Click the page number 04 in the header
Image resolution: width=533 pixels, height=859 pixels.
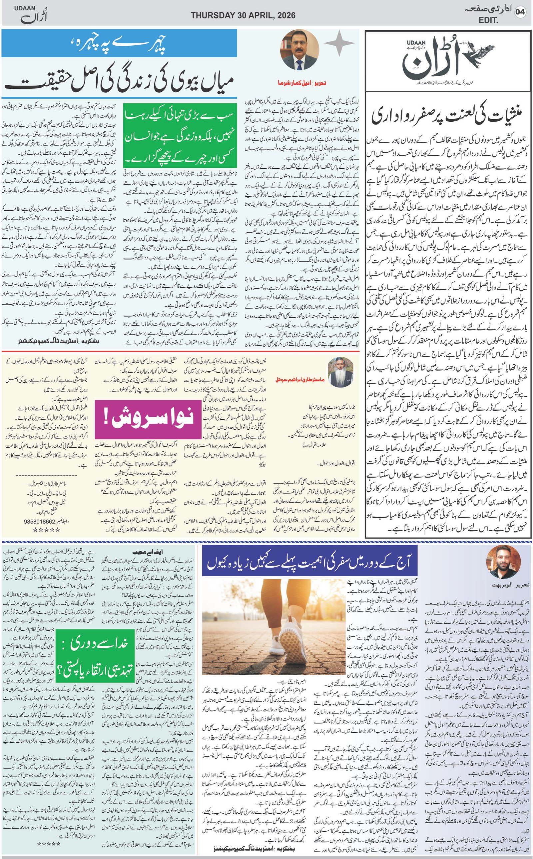(x=520, y=12)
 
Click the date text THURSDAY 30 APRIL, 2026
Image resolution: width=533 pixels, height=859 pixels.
(x=243, y=15)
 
